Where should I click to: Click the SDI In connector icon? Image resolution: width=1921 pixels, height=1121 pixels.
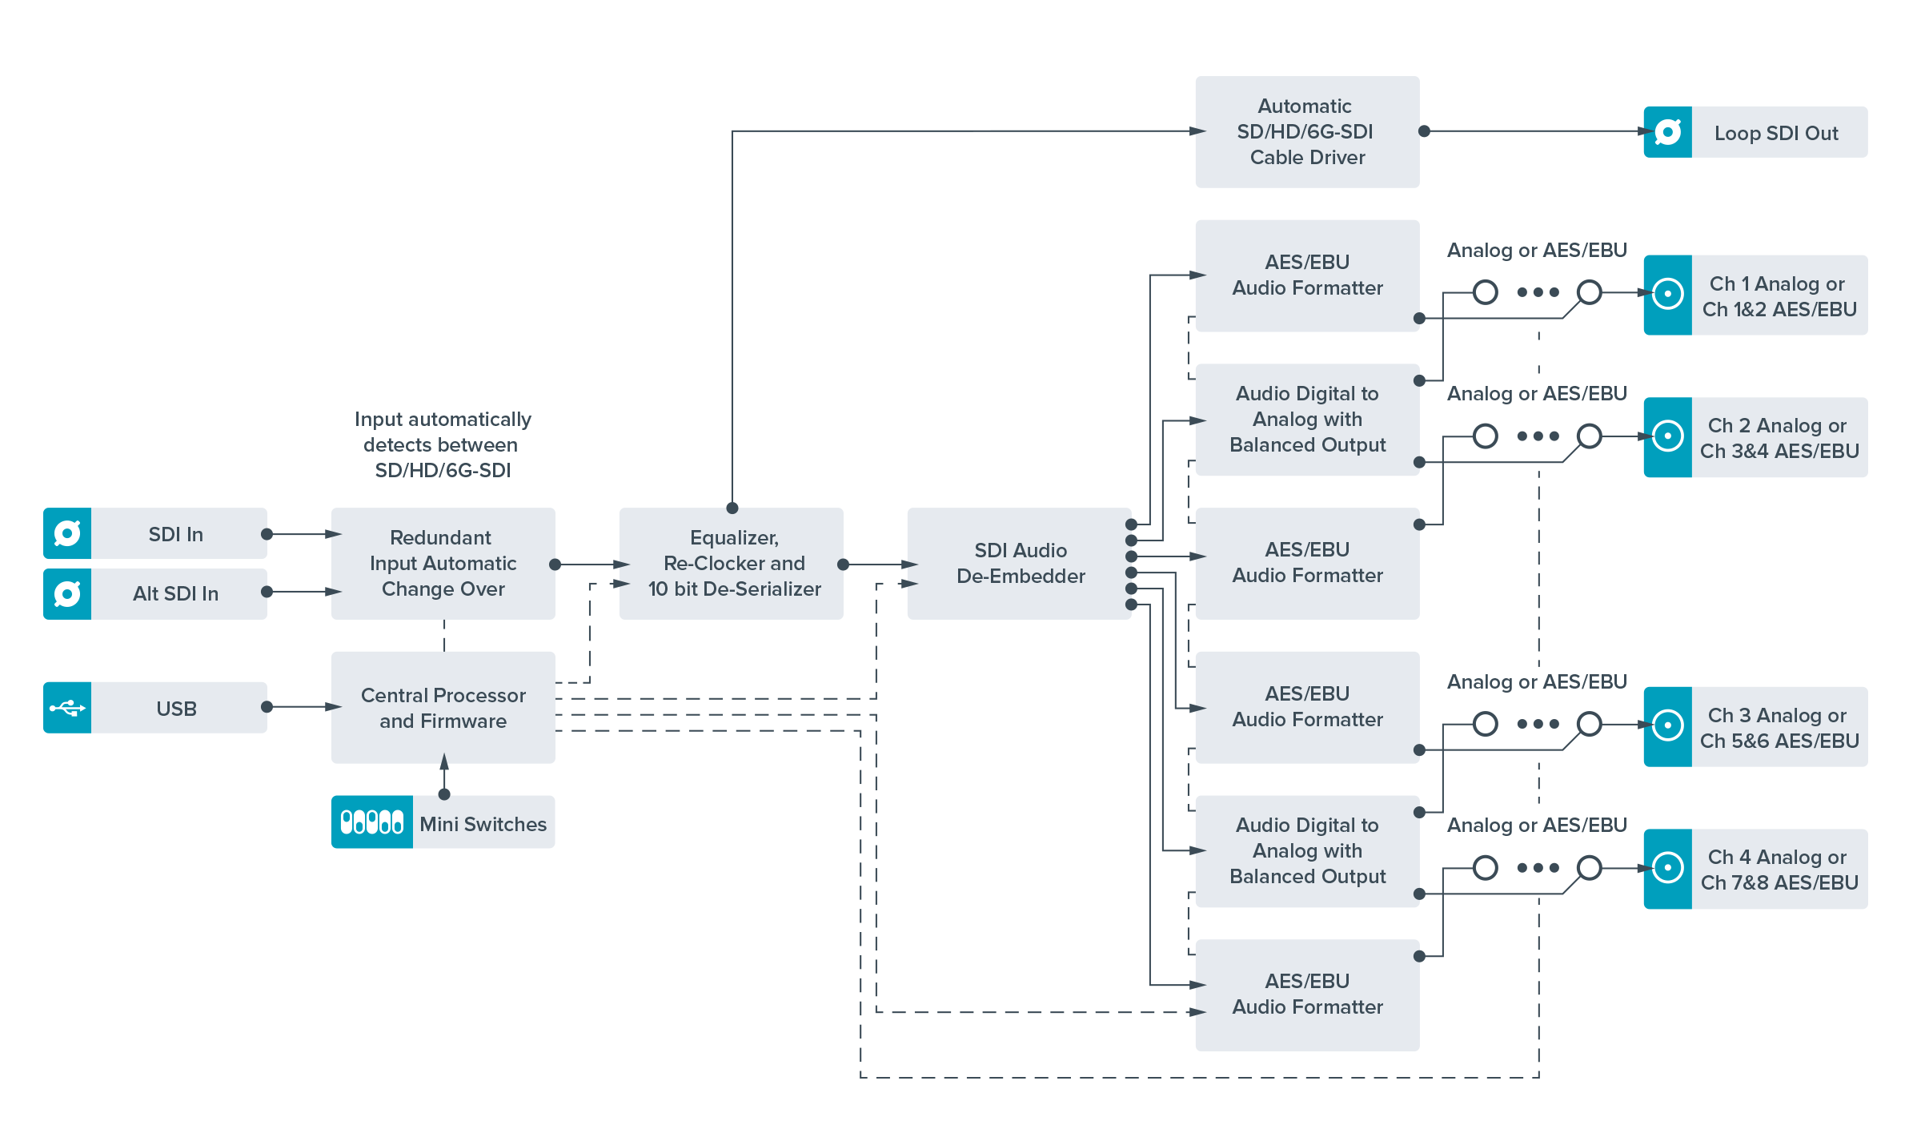[x=67, y=533]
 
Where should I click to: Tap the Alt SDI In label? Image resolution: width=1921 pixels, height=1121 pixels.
[x=176, y=594]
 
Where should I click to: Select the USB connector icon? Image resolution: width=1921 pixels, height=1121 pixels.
[x=67, y=708]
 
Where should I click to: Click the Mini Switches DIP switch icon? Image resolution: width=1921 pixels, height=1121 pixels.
[x=372, y=822]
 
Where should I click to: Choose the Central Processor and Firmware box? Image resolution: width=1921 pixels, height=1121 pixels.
[x=443, y=708]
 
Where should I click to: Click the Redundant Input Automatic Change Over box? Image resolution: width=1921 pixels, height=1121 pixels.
[x=443, y=564]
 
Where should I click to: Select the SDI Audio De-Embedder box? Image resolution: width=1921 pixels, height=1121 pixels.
[x=1020, y=564]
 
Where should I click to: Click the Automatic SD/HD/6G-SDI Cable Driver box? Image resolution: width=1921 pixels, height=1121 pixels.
[x=1307, y=132]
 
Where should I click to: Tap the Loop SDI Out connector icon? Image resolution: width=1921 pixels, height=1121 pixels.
[x=1668, y=132]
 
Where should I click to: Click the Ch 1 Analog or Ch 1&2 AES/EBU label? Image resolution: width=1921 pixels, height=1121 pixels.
[x=1779, y=296]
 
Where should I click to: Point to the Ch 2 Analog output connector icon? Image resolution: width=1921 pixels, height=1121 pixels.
[x=1668, y=437]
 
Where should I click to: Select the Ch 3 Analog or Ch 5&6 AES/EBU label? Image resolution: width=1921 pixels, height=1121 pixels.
[x=1779, y=728]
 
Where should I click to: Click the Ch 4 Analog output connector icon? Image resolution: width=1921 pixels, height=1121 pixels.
[x=1668, y=869]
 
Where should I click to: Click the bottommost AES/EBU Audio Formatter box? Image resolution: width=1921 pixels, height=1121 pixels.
[x=1307, y=994]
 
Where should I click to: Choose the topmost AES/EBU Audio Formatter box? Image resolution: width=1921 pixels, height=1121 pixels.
[x=1307, y=275]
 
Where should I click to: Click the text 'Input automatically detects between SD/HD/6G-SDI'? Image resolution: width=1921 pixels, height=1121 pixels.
[x=443, y=445]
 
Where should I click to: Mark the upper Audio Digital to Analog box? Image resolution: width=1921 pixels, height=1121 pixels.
[x=1307, y=420]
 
